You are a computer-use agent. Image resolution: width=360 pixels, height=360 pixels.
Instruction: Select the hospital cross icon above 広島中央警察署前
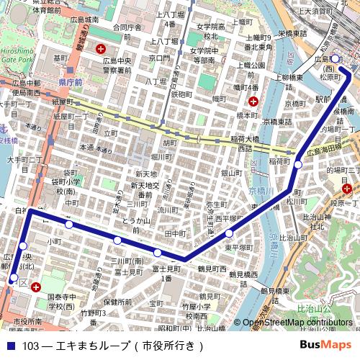click(x=102, y=50)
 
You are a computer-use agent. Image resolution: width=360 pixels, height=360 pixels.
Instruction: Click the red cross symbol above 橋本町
click(x=253, y=102)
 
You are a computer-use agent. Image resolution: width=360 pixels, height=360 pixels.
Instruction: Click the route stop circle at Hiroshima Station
click(x=335, y=59)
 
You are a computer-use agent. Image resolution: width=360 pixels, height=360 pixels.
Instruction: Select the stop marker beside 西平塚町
click(x=229, y=233)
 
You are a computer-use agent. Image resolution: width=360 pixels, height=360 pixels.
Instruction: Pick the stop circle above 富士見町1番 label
click(x=157, y=252)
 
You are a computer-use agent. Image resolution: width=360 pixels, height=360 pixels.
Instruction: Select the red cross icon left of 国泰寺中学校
click(x=36, y=287)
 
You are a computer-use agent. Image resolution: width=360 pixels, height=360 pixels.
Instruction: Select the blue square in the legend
click(x=9, y=346)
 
